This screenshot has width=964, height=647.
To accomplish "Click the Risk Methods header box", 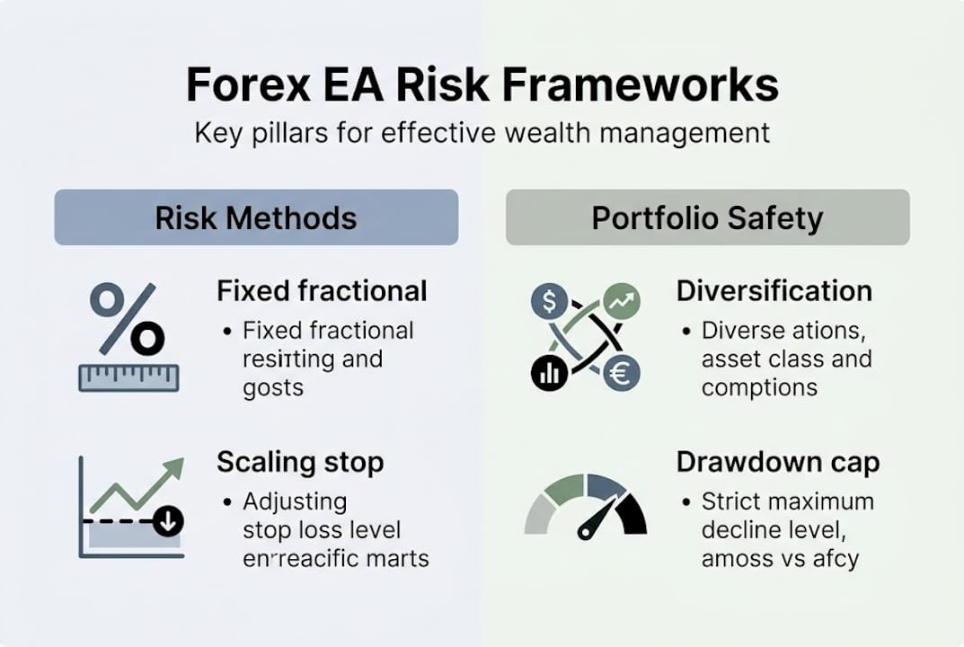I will pyautogui.click(x=256, y=217).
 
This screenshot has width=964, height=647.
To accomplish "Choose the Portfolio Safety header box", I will pyautogui.click(x=707, y=217).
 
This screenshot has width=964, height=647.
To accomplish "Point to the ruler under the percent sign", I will pyautogui.click(x=128, y=377).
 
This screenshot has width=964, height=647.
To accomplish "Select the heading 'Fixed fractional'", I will pyautogui.click(x=322, y=291).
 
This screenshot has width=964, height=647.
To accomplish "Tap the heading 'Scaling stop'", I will pyautogui.click(x=300, y=463).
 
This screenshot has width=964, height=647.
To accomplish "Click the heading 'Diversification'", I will pyautogui.click(x=774, y=291).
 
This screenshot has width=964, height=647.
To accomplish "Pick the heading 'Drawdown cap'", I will pyautogui.click(x=778, y=463).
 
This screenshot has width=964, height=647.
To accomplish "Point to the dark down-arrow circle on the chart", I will pyautogui.click(x=168, y=521).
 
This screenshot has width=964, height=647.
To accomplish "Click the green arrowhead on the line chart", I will pyautogui.click(x=172, y=468).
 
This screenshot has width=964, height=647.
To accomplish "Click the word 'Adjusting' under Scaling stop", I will pyautogui.click(x=295, y=501).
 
